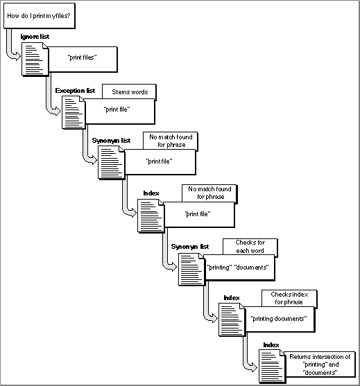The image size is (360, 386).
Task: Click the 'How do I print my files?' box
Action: point(40,16)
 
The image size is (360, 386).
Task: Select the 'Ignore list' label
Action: point(35,37)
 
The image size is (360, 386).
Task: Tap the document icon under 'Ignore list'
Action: point(35,59)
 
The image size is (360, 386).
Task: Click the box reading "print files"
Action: point(83,60)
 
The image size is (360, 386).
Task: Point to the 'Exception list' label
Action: point(75,91)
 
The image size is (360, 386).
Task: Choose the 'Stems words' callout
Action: point(129,92)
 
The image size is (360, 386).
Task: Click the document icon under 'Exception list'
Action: point(74,112)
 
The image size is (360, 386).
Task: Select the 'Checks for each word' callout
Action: point(250,247)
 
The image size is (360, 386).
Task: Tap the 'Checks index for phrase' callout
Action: point(289,299)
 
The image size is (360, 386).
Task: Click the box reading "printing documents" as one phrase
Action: point(280,319)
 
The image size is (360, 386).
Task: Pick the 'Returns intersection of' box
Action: point(320,365)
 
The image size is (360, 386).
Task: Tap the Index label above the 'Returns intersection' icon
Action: point(271,345)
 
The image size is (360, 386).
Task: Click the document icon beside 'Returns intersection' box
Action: point(273,367)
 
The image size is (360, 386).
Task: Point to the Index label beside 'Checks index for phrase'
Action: point(232,298)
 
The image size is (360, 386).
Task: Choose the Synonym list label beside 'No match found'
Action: point(111,141)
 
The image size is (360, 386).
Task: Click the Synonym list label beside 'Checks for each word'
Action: point(190,247)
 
